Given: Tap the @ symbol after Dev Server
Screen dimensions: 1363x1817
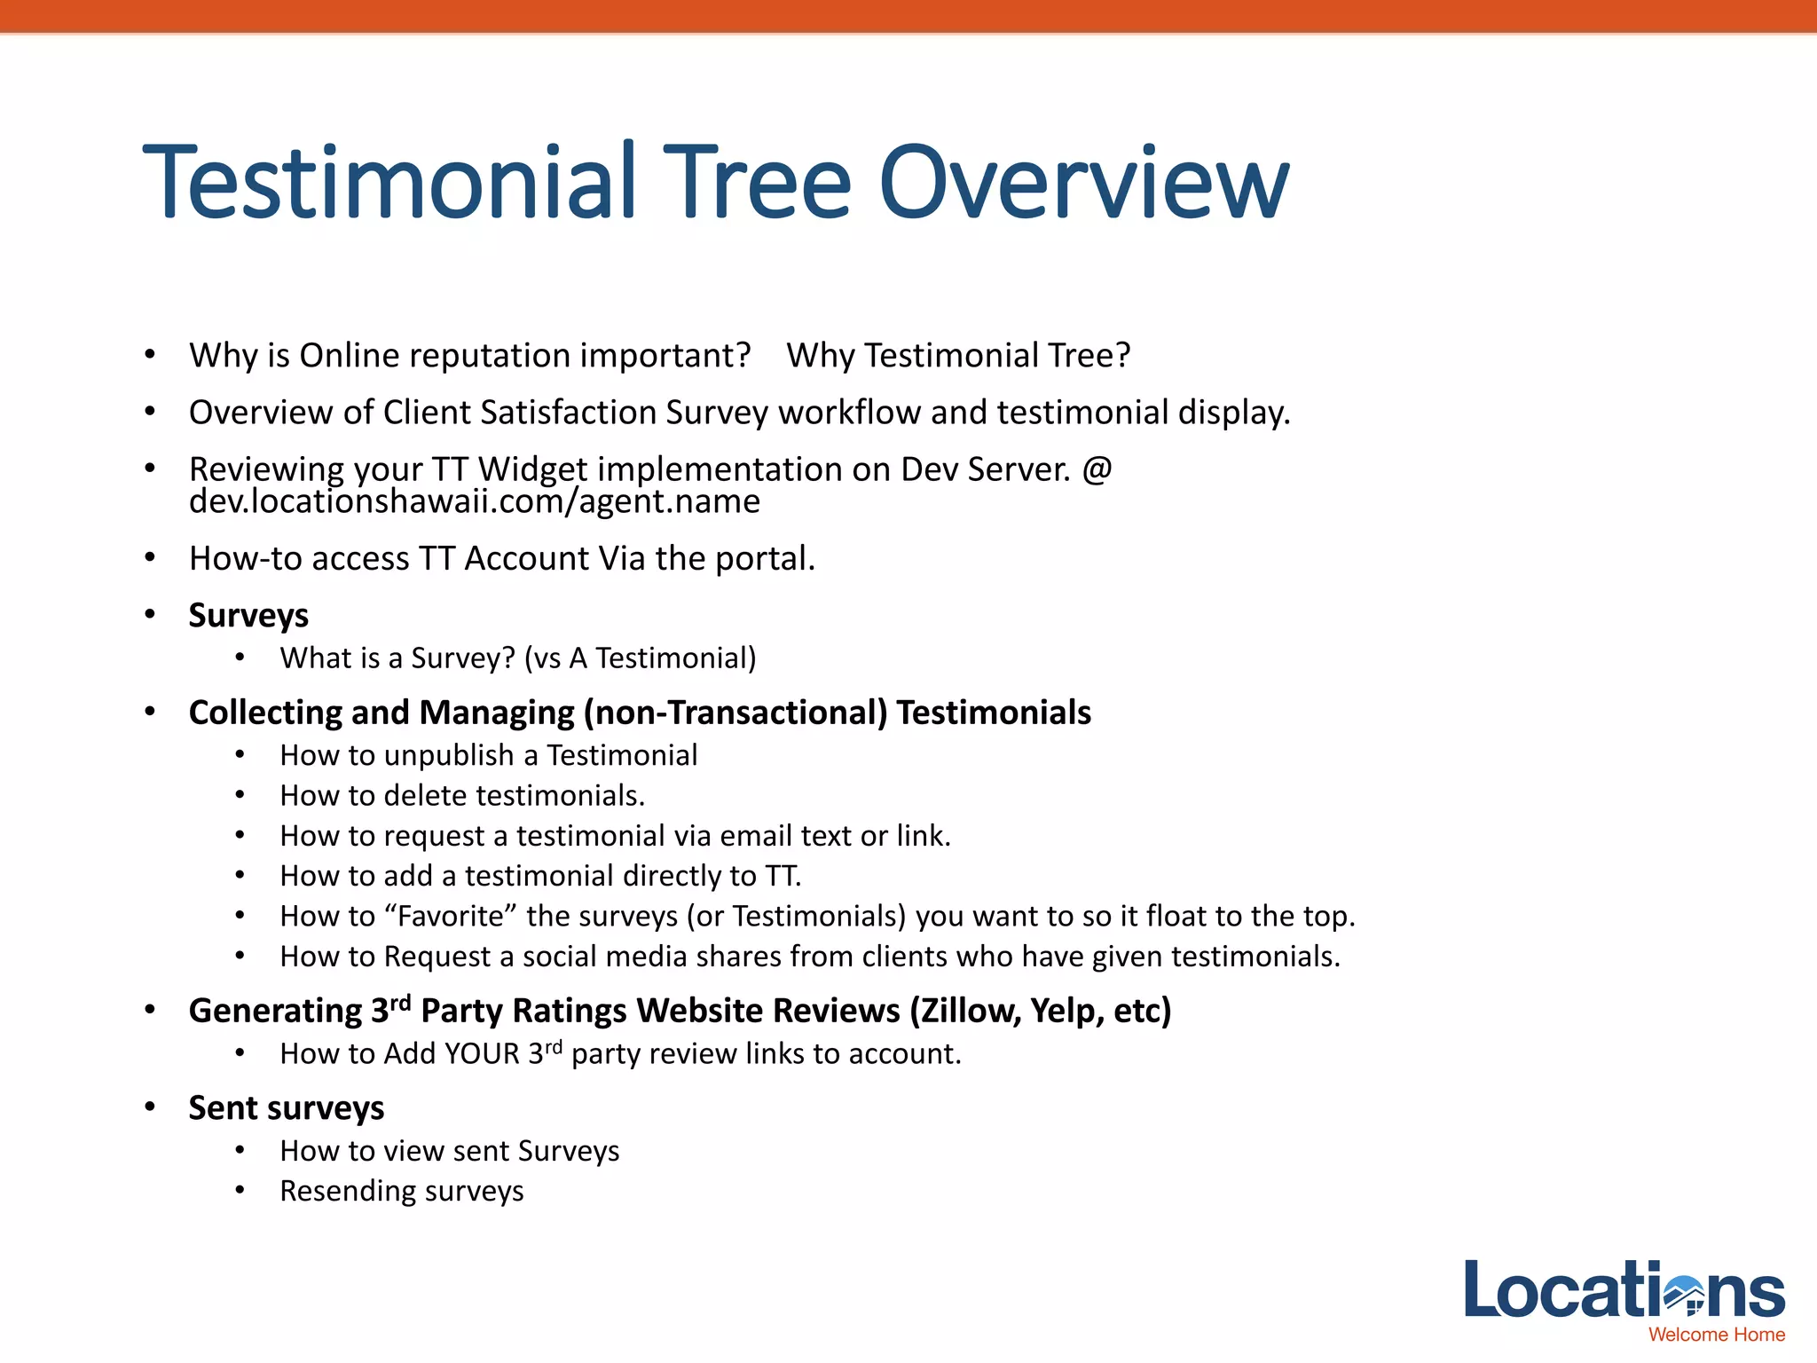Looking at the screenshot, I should click(x=1097, y=469).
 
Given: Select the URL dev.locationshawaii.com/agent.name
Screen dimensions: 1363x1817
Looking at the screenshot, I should click(x=475, y=502).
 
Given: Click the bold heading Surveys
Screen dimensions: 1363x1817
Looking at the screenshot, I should click(x=248, y=615).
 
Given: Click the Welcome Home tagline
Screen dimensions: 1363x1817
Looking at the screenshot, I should click(x=1716, y=1335).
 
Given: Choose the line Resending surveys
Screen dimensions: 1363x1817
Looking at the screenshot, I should click(x=401, y=1191).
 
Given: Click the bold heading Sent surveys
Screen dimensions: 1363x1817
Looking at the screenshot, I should click(x=286, y=1108).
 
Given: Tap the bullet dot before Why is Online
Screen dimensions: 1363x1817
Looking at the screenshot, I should click(x=150, y=355).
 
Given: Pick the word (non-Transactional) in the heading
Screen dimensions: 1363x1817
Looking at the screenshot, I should click(x=735, y=713).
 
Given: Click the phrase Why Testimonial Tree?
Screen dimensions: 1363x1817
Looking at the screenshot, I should click(x=958, y=356).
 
